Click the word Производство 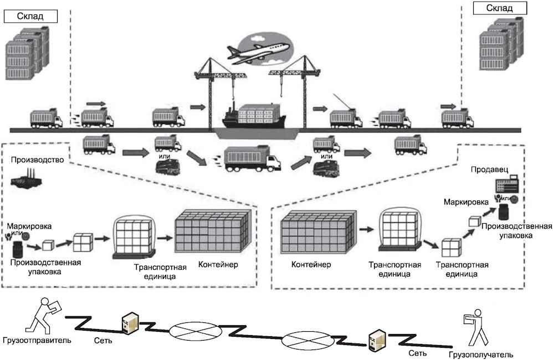coord(36,161)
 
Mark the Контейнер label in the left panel coord(217,264)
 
